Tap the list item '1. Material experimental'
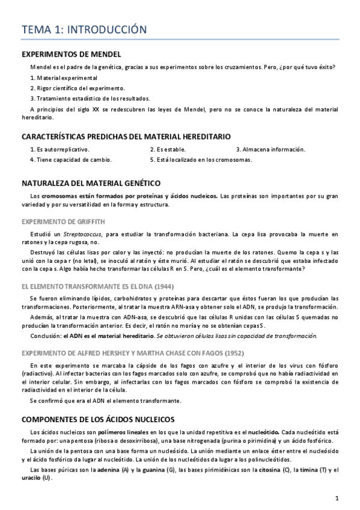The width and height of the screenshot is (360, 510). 63,78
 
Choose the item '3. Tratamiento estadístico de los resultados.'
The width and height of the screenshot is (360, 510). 90,99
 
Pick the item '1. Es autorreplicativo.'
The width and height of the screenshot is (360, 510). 59,149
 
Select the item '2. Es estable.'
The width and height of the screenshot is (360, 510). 168,149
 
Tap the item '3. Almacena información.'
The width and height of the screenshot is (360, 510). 270,149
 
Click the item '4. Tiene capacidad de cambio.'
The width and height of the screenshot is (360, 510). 71,160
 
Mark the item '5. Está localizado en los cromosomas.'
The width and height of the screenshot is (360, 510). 201,160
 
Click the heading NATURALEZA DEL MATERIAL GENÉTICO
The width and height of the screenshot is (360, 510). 90,182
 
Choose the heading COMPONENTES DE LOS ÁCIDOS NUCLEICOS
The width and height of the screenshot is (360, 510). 97,419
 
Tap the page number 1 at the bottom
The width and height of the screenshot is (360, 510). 337,498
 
